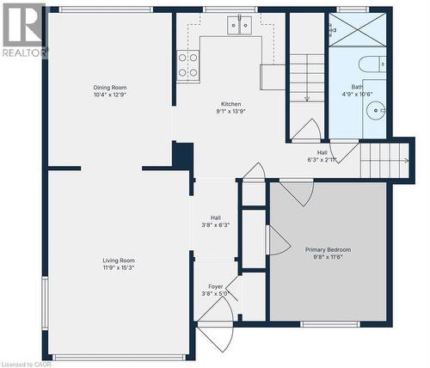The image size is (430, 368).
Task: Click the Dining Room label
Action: [x=110, y=87]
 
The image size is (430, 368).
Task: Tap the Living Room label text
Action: [x=119, y=261]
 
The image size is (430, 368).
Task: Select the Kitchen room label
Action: [x=230, y=103]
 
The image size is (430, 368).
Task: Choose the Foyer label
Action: [x=215, y=286]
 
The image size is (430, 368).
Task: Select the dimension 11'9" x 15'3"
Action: [x=119, y=267]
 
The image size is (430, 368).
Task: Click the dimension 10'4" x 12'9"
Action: [x=110, y=95]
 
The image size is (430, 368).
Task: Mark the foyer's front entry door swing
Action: [x=215, y=335]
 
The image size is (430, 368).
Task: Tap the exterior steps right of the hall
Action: [x=384, y=160]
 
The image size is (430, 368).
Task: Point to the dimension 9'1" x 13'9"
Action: [x=230, y=111]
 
